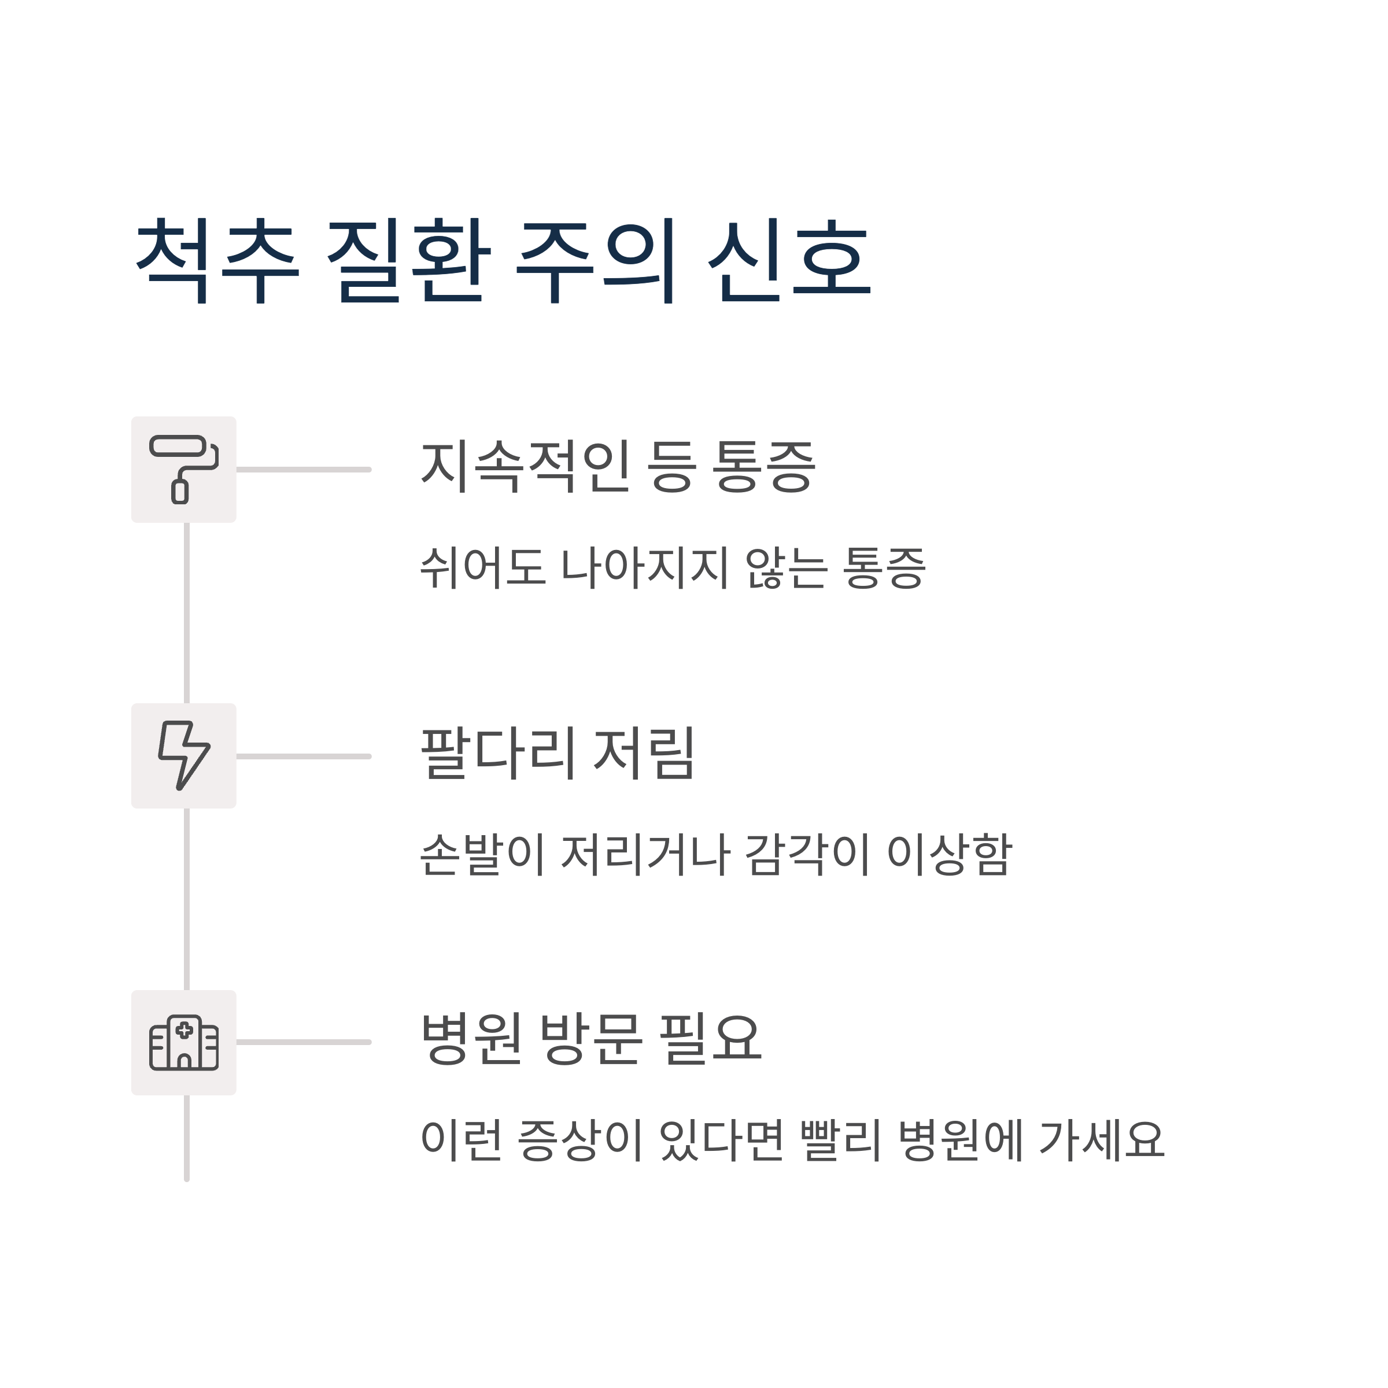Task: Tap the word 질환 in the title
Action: (408, 260)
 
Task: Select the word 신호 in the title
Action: (789, 260)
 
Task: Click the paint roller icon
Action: (184, 469)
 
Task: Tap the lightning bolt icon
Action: (184, 756)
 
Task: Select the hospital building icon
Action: (184, 1042)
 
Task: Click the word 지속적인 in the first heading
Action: (525, 466)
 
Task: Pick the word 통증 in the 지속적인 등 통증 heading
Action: (763, 466)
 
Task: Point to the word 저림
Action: (644, 753)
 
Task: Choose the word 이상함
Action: (950, 854)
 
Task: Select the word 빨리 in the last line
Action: (840, 1140)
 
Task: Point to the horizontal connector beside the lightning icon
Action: (303, 756)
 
